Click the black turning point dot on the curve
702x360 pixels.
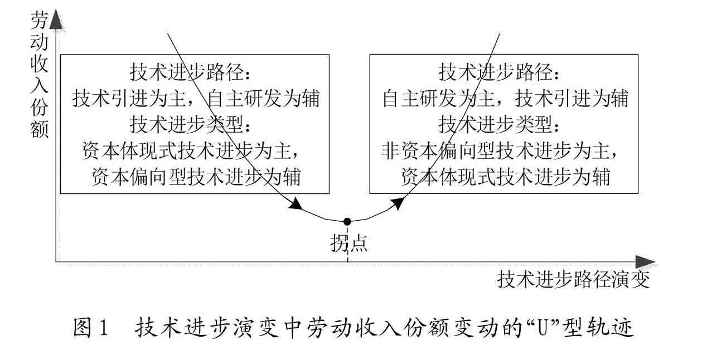tap(347, 221)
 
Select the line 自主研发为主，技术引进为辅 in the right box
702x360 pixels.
tap(505, 99)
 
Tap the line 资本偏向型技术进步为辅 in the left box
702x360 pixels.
tap(196, 177)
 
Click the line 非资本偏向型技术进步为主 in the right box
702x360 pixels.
tap(501, 151)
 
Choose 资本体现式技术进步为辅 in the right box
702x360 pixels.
tap(505, 177)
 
